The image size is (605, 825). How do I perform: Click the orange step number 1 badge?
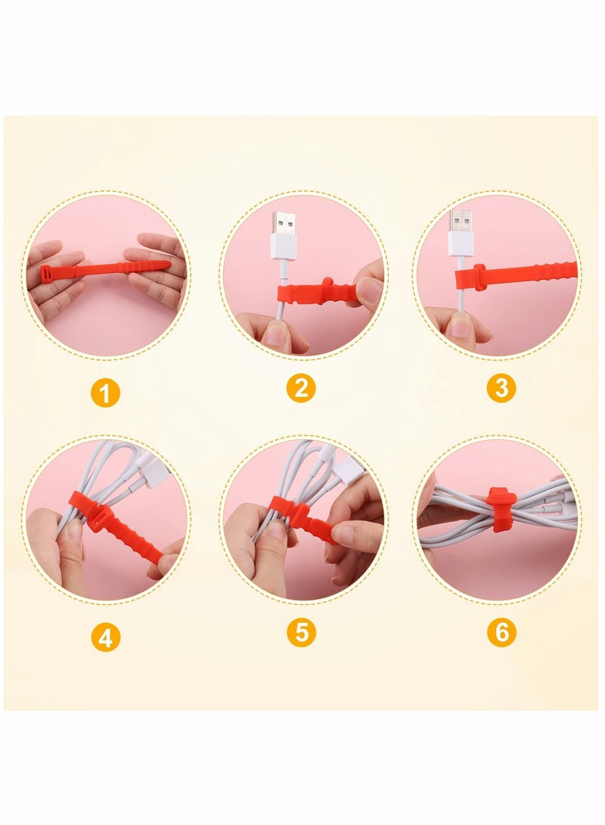[x=107, y=393]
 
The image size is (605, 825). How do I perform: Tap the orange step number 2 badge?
[x=301, y=388]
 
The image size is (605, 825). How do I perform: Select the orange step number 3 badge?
[x=501, y=388]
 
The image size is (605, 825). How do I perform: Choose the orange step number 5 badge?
[x=301, y=632]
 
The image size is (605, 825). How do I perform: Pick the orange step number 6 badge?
[x=501, y=632]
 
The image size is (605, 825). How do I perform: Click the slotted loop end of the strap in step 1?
[x=47, y=274]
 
